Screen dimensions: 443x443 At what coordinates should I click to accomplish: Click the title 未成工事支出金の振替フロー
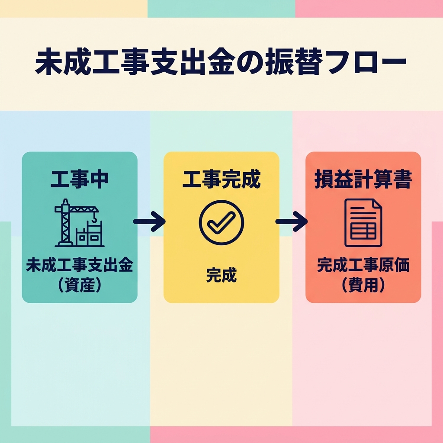click(x=221, y=62)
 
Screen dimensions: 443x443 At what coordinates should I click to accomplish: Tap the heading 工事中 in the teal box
click(x=80, y=179)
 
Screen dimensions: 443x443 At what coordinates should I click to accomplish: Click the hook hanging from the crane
click(x=94, y=218)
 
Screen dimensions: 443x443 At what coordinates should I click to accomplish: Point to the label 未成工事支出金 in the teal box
click(x=80, y=265)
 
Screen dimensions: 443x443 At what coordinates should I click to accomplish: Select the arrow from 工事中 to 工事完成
click(x=149, y=221)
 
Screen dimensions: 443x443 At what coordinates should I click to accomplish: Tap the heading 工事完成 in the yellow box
click(x=221, y=180)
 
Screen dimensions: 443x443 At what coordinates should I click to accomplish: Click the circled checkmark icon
click(x=221, y=223)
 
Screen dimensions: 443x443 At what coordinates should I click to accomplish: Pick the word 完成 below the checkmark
click(x=221, y=275)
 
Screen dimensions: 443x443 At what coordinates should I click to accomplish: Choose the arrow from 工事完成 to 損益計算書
click(x=292, y=221)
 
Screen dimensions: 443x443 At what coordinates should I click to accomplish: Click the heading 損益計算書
click(x=363, y=180)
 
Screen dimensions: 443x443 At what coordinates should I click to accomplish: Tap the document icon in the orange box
click(x=363, y=223)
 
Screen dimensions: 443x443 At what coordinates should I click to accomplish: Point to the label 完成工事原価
click(x=363, y=265)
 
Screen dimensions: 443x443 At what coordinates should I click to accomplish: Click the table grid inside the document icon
click(x=363, y=231)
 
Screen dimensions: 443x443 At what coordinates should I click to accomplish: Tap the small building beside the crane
click(x=89, y=234)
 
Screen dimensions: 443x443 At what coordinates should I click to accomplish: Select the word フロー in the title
click(x=366, y=62)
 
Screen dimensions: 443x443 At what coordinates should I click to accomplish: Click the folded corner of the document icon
click(x=377, y=204)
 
